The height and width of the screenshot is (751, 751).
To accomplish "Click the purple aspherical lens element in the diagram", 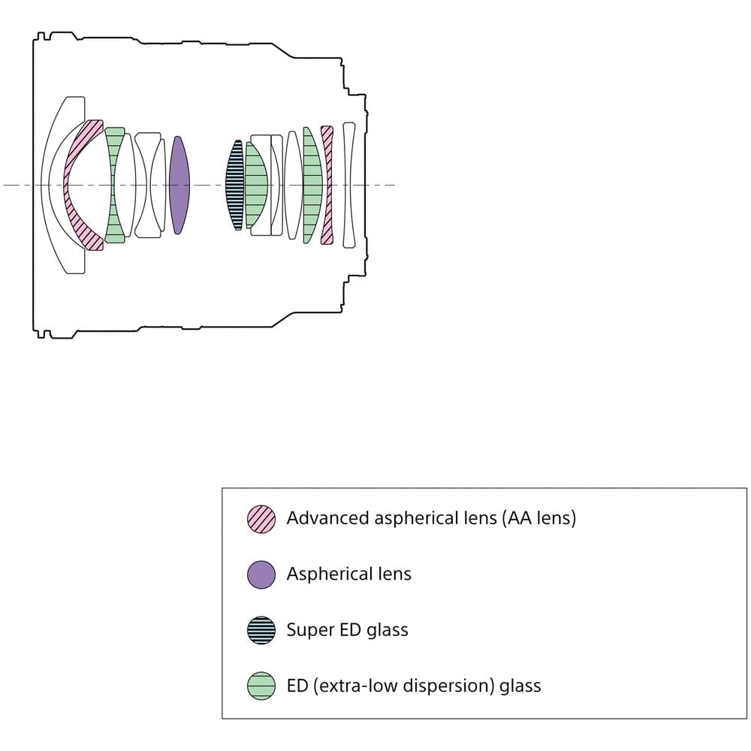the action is pos(179,185).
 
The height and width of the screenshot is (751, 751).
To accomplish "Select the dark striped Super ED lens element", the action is pos(235,185).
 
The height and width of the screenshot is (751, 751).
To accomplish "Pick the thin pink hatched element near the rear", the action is pos(327,185).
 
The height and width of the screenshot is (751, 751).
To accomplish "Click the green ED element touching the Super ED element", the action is pos(256,185).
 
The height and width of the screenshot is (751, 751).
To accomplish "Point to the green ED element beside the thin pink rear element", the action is pos(312,185).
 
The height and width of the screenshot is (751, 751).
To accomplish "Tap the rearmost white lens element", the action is pos(349,185).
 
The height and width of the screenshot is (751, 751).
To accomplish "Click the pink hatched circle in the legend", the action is pos(261,519).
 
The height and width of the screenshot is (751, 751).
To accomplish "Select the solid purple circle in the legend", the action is pos(261,575).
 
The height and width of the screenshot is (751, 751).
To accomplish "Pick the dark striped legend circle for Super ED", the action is pos(261,630).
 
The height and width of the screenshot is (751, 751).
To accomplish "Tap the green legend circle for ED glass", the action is pos(261,686).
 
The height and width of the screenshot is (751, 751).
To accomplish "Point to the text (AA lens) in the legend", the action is pos(538,519).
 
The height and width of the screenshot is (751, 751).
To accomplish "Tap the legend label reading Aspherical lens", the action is pos(348,575).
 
